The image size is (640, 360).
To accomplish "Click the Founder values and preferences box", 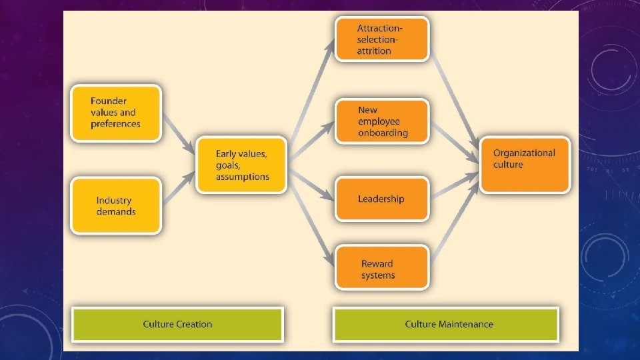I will click(116, 113).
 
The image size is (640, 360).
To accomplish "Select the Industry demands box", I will click(116, 205).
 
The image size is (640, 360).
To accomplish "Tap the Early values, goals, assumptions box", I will click(241, 165).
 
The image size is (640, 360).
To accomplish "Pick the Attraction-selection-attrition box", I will click(382, 39).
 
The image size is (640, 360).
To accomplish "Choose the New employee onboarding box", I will click(382, 121).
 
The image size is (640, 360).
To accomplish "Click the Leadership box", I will click(382, 199).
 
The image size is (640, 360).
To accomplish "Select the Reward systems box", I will click(382, 269).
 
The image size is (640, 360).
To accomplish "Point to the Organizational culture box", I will click(525, 165).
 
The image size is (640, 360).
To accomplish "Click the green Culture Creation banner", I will click(177, 325).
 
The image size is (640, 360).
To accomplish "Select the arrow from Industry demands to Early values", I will click(178, 189).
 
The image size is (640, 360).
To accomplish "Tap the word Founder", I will click(109, 101).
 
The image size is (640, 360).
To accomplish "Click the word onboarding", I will click(383, 133).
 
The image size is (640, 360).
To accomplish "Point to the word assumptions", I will click(243, 177).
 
